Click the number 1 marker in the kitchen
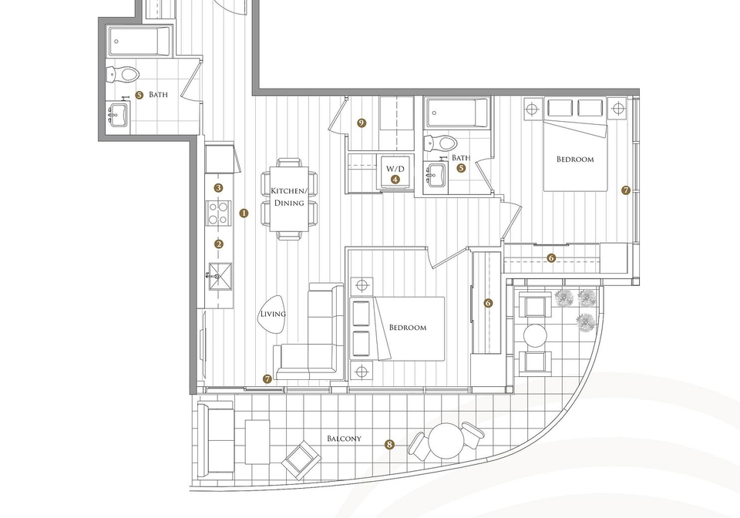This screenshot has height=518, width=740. (x=244, y=214)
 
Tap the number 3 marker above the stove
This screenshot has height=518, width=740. (x=218, y=188)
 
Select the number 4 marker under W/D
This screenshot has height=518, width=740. (x=395, y=180)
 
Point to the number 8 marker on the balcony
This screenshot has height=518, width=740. (x=389, y=445)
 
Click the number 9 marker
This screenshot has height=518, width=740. (x=362, y=123)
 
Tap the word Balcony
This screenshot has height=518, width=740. (x=344, y=439)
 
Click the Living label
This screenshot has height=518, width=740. (x=273, y=314)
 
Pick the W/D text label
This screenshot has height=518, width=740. (x=395, y=168)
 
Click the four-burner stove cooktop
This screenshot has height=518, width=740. (x=218, y=213)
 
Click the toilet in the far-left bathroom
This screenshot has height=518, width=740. (x=123, y=74)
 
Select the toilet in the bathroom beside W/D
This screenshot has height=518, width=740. (x=440, y=142)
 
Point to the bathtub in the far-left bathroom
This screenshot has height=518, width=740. (x=139, y=42)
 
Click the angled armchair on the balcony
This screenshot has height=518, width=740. (x=301, y=460)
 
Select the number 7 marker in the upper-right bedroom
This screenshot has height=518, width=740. (x=626, y=190)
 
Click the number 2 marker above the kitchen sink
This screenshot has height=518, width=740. (x=218, y=244)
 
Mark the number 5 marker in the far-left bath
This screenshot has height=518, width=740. (x=139, y=95)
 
